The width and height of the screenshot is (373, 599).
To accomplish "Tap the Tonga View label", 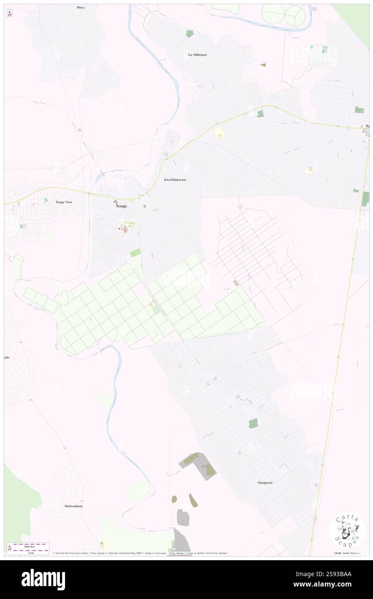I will (x=64, y=202).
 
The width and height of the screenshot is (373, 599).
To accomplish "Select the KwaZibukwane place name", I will (x=175, y=179).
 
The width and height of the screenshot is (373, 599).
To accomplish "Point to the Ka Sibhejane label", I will (x=197, y=55).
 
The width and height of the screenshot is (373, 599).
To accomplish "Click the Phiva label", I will (x=81, y=8).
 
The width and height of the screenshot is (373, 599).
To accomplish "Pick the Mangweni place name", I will (x=264, y=483).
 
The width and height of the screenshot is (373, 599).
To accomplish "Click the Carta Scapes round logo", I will (x=347, y=530).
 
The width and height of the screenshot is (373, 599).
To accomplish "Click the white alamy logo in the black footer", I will (x=43, y=579).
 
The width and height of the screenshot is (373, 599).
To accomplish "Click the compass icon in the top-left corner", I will (x=9, y=13).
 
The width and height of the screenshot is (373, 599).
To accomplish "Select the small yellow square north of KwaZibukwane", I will (x=219, y=134).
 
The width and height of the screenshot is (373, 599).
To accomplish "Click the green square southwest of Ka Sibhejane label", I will (x=190, y=33).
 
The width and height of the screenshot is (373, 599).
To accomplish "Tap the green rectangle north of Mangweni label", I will (x=253, y=423).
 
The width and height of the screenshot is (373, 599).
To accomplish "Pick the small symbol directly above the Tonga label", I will (x=115, y=202).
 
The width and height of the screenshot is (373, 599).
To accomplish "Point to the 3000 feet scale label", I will (x=31, y=545).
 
